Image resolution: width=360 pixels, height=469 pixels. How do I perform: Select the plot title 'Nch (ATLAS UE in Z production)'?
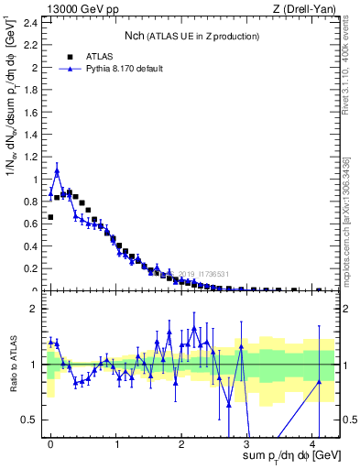click(x=192, y=36)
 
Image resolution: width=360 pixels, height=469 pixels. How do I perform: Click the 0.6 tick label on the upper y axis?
click(x=27, y=224)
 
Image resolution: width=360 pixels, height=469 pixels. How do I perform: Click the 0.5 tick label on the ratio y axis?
click(x=27, y=420)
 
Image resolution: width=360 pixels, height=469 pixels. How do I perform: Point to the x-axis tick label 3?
click(x=246, y=443)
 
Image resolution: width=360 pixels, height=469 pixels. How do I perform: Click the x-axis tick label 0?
click(x=50, y=443)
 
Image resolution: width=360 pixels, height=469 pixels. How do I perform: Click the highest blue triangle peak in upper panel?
click(x=57, y=171)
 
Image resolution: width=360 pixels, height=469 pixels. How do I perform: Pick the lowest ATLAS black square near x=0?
click(x=50, y=217)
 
